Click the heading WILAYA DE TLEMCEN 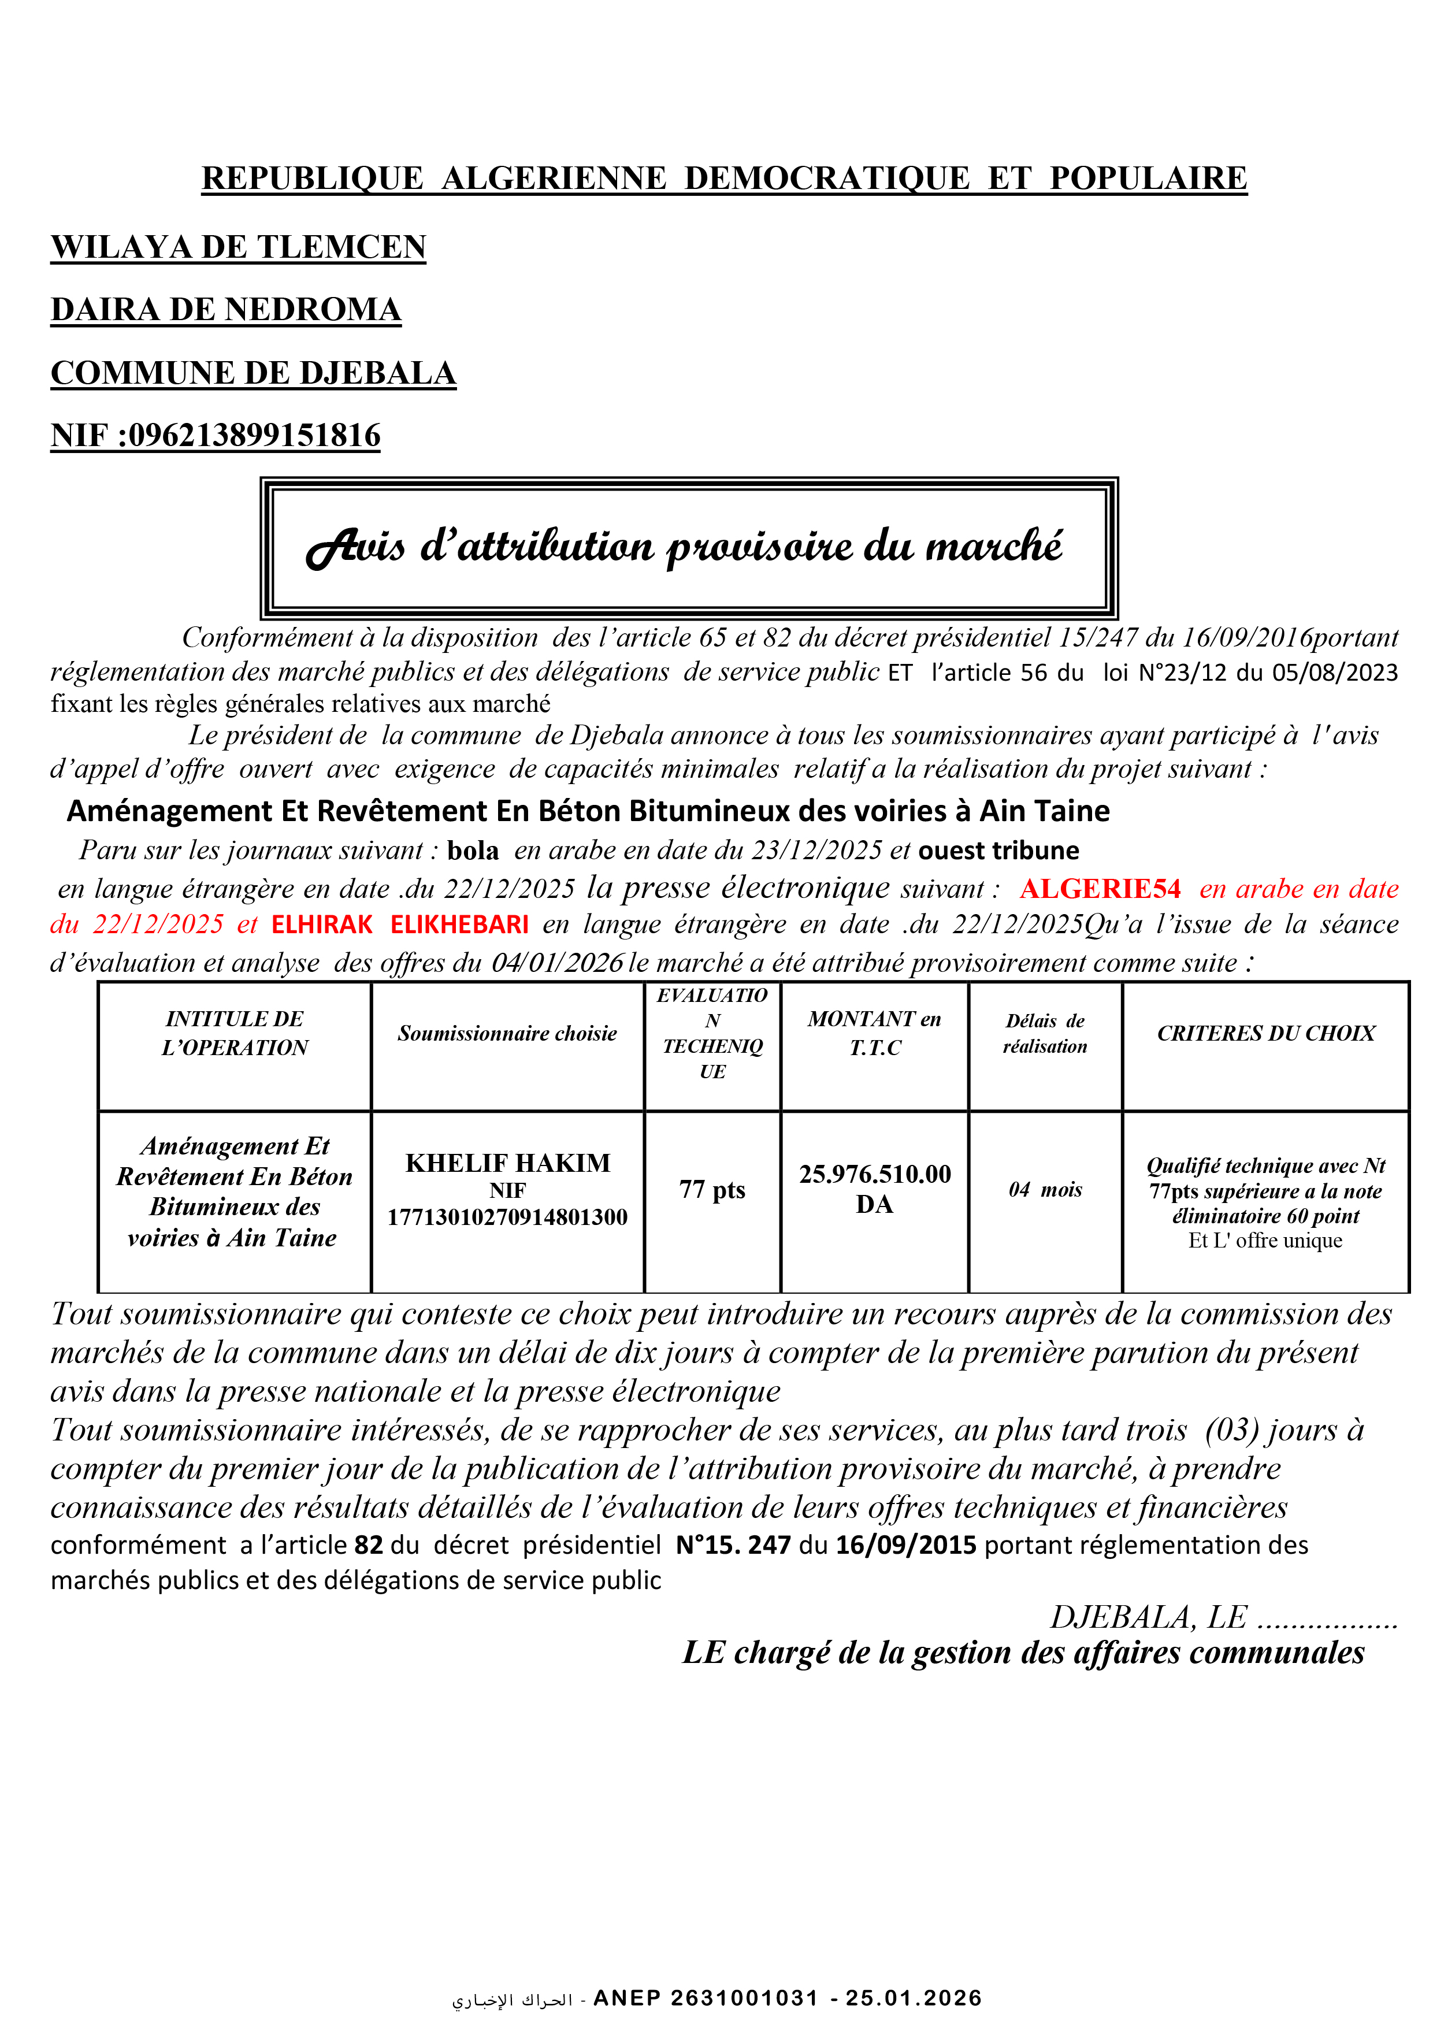239,247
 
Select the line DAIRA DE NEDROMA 226,310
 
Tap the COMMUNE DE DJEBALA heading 254,373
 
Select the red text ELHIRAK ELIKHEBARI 399,925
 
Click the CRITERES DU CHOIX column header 1265,1034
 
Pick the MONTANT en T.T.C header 874,1034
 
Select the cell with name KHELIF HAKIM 508,1164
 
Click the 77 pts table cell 712,1190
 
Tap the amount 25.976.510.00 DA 874,1189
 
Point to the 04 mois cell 1045,1190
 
